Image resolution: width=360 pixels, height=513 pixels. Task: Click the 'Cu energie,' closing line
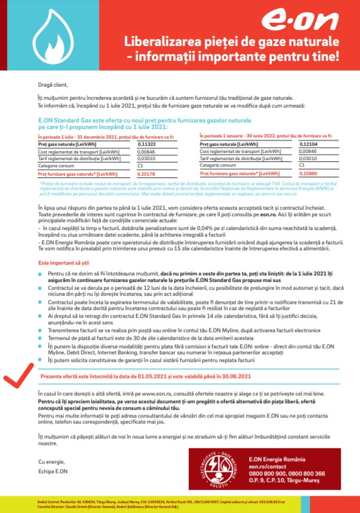click(50, 462)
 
